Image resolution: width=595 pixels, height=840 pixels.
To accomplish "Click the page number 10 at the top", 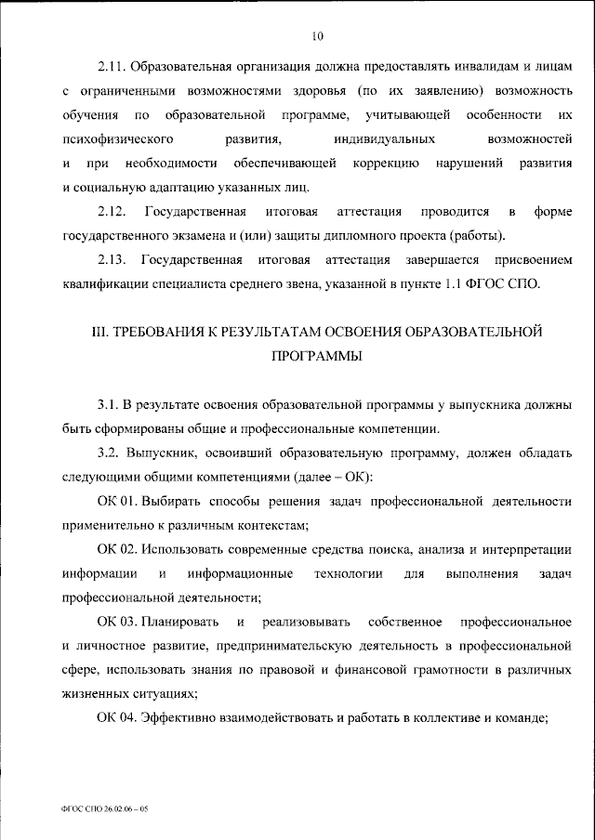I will pos(318,36).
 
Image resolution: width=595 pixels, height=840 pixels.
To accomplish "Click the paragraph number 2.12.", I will pos(112,212).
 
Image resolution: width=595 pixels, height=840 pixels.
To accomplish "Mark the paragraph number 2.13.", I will pos(112,259).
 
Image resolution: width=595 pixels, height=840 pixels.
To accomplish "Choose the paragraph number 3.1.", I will pos(107,405).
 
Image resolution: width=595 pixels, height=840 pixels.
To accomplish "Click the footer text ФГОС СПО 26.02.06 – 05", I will pos(104,809).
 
